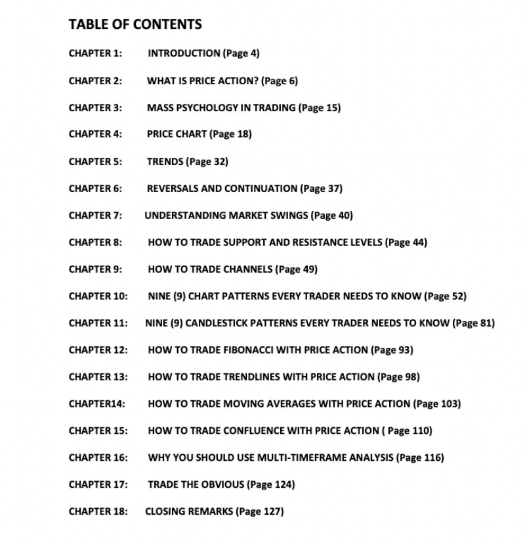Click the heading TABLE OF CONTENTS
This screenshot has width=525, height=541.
[135, 25]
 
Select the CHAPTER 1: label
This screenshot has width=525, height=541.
[95, 53]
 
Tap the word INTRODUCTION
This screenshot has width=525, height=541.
[184, 53]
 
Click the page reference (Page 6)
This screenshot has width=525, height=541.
[280, 81]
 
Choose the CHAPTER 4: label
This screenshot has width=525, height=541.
[95, 134]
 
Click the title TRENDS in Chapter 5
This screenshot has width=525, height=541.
[165, 161]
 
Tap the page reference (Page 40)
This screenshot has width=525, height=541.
[332, 215]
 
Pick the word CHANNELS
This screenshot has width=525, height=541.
[248, 269]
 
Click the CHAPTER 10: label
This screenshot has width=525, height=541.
[98, 296]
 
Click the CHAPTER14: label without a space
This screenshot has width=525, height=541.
[96, 404]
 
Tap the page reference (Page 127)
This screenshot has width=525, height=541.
[259, 511]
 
